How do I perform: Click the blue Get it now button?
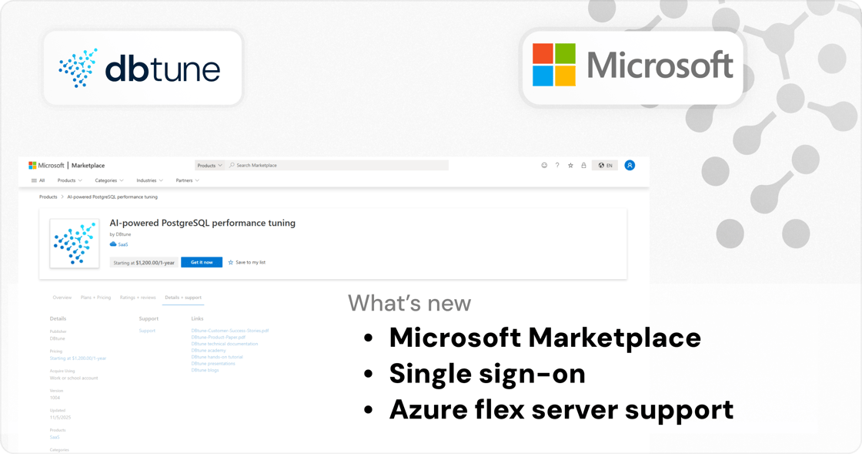(x=202, y=262)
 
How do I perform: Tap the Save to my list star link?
(x=247, y=262)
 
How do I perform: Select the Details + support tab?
(x=183, y=298)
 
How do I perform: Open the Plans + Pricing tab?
(x=95, y=298)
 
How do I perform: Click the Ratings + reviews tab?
(x=138, y=298)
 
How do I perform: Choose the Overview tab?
(x=62, y=298)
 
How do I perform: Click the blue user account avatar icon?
(x=630, y=165)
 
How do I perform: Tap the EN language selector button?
(x=606, y=165)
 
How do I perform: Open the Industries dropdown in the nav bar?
(x=149, y=180)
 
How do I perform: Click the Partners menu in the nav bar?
(x=187, y=180)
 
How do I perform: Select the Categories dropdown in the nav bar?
(x=109, y=180)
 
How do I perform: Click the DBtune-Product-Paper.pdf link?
(x=218, y=337)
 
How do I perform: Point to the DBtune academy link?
(x=209, y=350)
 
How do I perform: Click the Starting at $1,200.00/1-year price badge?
(x=144, y=262)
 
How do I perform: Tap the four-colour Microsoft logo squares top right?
(x=554, y=65)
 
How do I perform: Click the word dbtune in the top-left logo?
(x=162, y=69)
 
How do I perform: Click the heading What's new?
(x=409, y=303)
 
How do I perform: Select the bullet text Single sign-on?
(x=487, y=373)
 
